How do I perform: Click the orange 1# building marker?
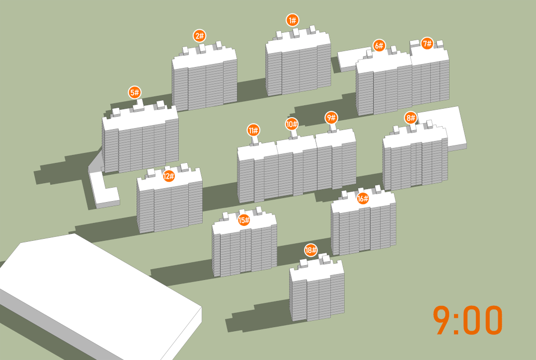click(292, 20)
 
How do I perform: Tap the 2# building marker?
click(199, 36)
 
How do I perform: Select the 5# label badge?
click(135, 92)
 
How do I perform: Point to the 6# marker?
click(379, 45)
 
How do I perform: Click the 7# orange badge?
click(427, 43)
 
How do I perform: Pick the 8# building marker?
click(410, 118)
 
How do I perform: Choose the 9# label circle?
click(331, 118)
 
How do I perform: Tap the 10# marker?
click(292, 124)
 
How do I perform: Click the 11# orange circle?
click(253, 130)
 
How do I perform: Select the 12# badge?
click(168, 176)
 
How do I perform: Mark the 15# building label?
click(244, 220)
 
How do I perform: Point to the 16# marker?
click(363, 198)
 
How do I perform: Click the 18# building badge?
click(311, 250)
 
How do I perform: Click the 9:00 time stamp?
click(467, 320)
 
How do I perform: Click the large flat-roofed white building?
click(99, 294)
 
